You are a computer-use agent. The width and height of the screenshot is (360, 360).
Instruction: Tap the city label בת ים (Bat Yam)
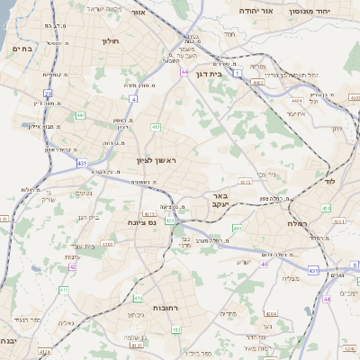[x=23, y=49]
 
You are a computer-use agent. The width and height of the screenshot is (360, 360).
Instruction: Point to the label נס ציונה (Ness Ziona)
[x=141, y=221]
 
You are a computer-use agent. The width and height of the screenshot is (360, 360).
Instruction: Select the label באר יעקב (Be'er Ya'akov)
[x=218, y=199]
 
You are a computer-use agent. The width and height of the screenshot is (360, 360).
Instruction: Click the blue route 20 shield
[x=48, y=94]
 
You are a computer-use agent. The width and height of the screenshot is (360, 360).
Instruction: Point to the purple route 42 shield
[x=72, y=266]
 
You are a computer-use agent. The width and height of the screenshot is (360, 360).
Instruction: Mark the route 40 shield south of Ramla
[x=264, y=264]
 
